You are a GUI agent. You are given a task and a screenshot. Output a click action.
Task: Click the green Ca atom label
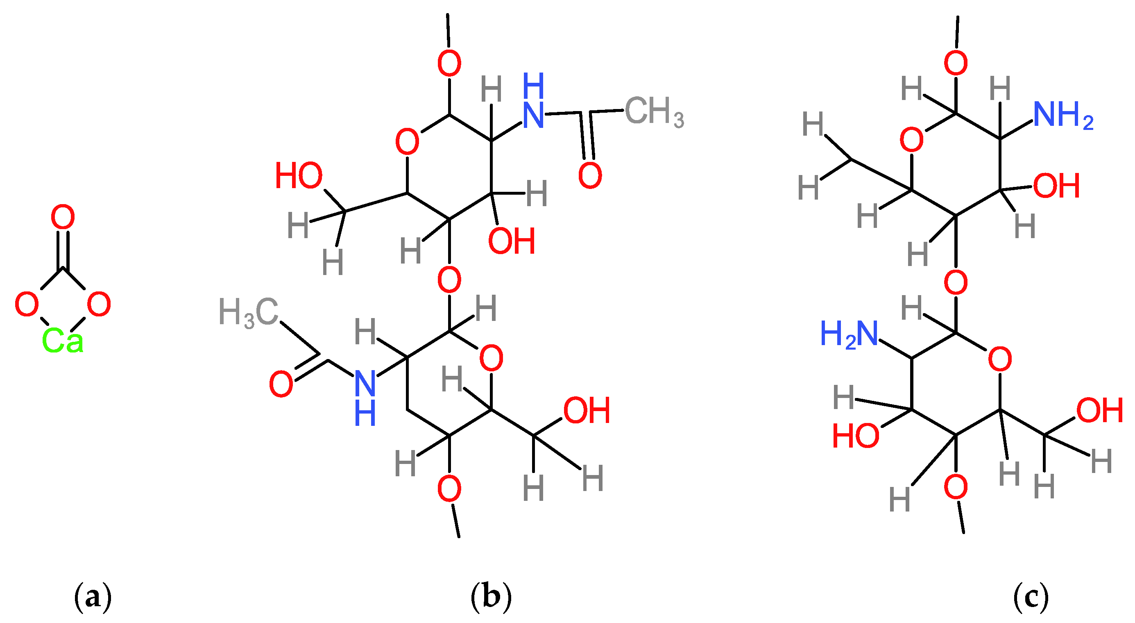62,341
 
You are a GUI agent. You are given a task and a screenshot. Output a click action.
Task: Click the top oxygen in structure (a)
63,216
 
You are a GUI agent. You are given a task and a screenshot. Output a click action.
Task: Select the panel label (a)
93,598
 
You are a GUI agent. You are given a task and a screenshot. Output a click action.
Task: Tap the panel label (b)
491,598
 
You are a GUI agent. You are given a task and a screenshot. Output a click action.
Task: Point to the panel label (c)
1031,598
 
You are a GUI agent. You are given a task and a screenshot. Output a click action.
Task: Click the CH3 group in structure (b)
654,111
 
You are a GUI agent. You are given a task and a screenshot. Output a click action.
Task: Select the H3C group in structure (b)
249,313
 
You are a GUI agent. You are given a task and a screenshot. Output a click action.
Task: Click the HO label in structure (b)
299,176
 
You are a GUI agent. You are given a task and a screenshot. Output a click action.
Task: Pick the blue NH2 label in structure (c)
1063,115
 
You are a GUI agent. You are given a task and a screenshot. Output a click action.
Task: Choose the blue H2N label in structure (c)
849,334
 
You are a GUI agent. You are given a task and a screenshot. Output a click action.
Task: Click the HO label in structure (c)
855,436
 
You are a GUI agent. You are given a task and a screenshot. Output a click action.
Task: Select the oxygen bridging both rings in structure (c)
955,282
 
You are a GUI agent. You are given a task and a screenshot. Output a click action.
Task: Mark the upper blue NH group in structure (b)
533,101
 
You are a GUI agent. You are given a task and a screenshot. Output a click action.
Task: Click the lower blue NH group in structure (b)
365,397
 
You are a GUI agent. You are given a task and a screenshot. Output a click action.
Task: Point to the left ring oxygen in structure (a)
27,304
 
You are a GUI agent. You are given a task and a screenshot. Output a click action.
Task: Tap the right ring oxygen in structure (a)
99,304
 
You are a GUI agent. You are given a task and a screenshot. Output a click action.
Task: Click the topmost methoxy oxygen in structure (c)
955,63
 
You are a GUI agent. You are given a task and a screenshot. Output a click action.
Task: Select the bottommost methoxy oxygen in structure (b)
449,489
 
